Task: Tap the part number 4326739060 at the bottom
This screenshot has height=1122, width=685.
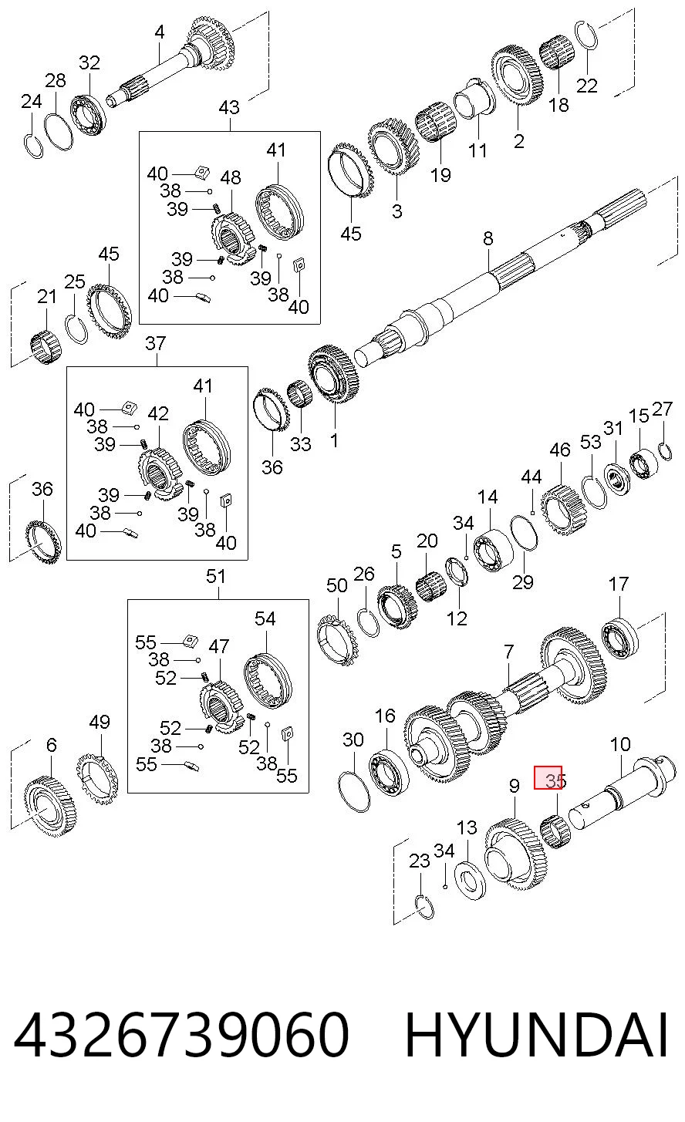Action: point(181,1034)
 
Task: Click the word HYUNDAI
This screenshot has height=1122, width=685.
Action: point(536,1034)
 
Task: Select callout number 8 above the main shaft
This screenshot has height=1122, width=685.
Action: point(488,238)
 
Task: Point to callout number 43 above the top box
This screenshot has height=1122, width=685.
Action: point(230,107)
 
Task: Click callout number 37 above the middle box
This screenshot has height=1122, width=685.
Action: point(155,343)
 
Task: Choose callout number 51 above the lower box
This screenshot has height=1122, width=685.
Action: point(216,576)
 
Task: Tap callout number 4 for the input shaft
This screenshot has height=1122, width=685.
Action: point(160,32)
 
